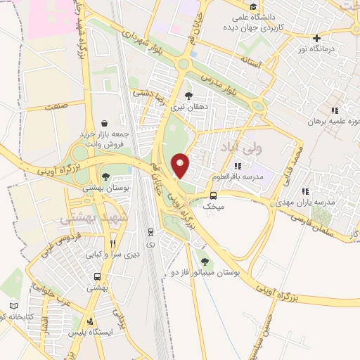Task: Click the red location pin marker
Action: click(181, 165)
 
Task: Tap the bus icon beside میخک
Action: click(212, 195)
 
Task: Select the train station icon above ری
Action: click(150, 231)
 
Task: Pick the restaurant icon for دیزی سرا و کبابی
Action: click(112, 244)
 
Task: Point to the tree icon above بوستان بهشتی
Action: click(105, 176)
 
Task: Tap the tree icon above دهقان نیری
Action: click(188, 95)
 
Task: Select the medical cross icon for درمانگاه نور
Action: click(317, 38)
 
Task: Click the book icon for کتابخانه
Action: click(14, 307)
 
